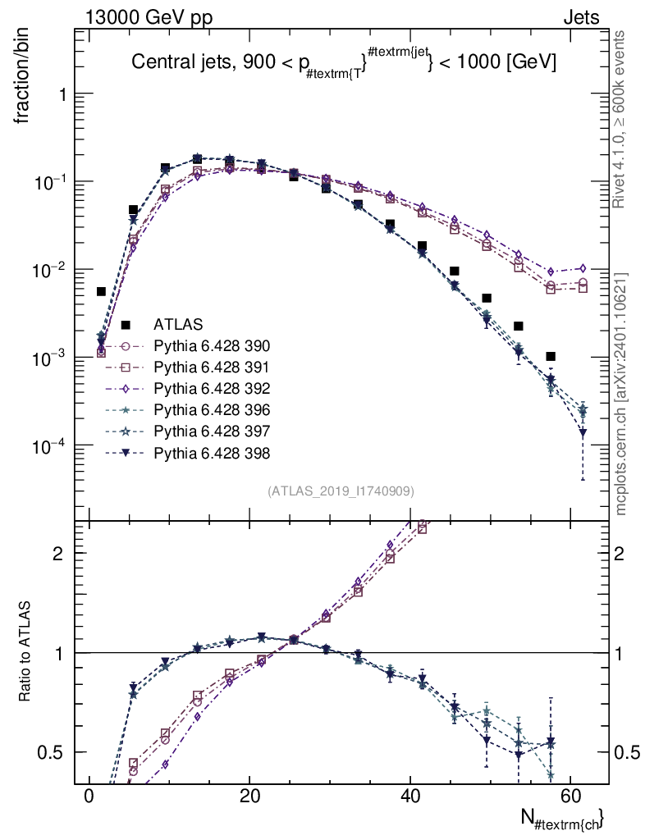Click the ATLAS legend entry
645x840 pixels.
point(178,325)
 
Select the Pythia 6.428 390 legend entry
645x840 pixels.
point(212,346)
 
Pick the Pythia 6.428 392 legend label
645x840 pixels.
point(212,389)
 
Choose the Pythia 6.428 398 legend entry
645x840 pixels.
point(212,454)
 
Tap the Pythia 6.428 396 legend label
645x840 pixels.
point(212,410)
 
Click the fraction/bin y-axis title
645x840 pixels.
point(21,76)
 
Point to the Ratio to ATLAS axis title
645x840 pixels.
point(25,651)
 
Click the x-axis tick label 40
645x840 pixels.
point(409,796)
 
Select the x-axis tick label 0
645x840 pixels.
point(89,796)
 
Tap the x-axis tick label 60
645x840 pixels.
point(570,796)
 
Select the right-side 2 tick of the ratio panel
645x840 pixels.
point(619,554)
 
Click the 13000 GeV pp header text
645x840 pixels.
point(149,18)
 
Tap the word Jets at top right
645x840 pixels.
point(581,18)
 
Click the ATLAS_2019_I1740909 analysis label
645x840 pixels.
point(341,491)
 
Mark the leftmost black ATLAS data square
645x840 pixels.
point(101,291)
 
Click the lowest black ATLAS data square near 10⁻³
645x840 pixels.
point(551,356)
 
